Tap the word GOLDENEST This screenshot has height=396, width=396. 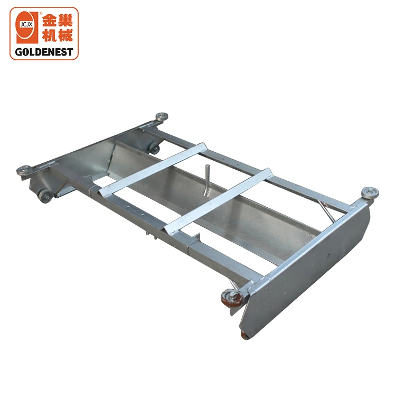pos(44,53)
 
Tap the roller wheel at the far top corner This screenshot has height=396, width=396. pos(161,116)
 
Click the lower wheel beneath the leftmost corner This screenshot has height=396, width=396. pos(45,196)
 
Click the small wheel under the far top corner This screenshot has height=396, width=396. pos(154,149)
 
